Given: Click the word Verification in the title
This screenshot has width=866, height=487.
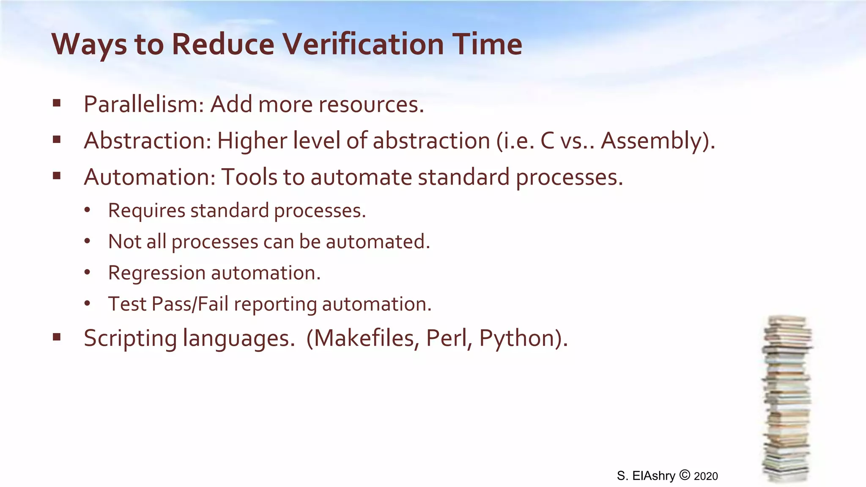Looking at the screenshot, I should point(363,44).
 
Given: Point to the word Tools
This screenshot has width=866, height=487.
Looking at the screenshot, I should point(249,177).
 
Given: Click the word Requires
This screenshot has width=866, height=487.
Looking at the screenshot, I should point(146,211).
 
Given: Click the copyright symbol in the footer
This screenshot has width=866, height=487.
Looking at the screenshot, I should point(685,475).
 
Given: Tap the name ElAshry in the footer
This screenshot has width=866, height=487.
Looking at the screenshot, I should point(654,476).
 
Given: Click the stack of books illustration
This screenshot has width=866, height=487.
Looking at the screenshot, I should point(787,399).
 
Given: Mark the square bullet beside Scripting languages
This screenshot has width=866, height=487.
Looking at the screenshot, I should point(57,337).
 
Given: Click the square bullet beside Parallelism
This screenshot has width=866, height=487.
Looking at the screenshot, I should point(57,103).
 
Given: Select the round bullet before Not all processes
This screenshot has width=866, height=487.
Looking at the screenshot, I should point(87,241).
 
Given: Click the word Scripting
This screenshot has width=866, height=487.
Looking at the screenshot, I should point(130,338).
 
